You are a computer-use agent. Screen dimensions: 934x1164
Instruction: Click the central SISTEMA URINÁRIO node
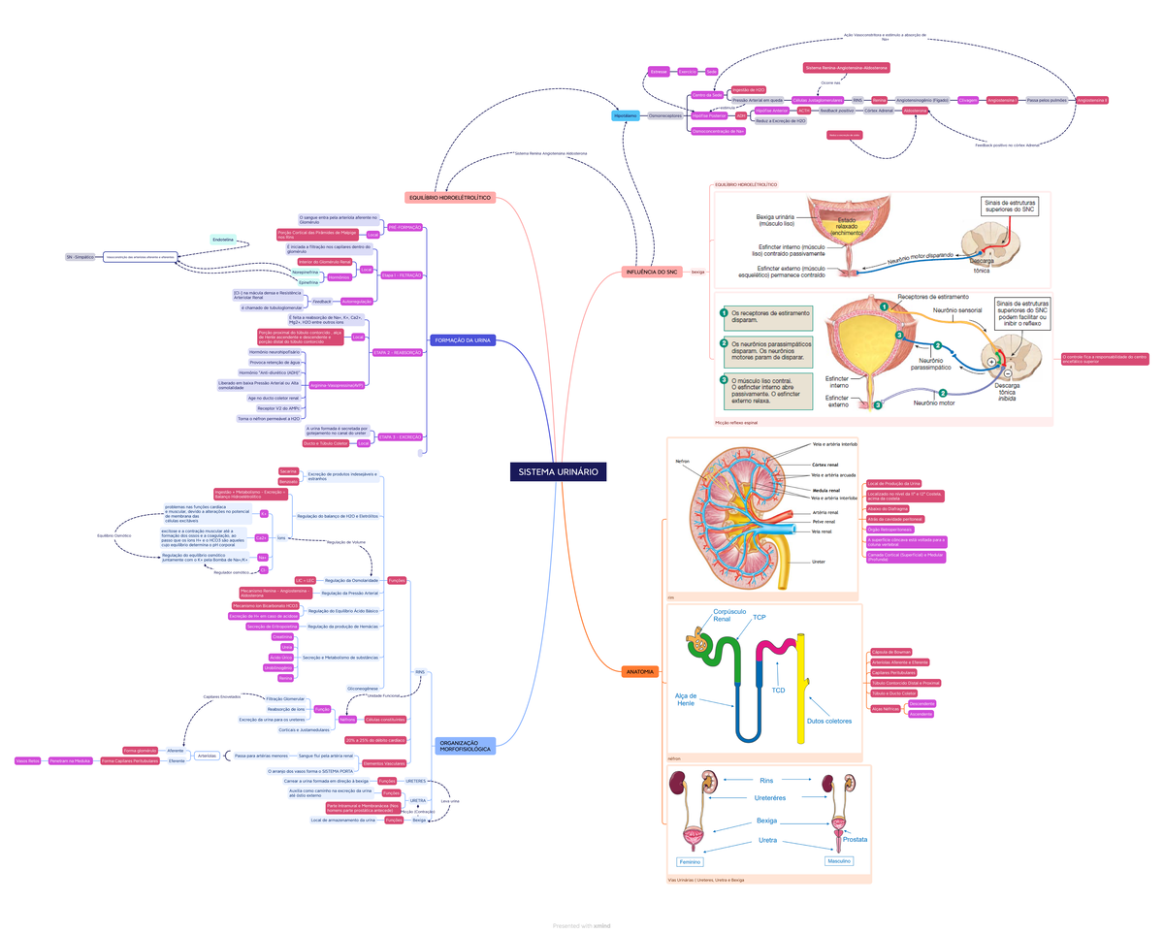point(558,471)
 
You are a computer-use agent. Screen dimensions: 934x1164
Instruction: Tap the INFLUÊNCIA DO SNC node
point(652,273)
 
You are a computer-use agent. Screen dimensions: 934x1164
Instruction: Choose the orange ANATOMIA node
point(640,672)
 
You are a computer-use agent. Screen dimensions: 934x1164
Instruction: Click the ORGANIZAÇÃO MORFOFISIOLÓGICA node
point(465,746)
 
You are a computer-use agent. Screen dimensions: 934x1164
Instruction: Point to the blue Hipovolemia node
point(625,115)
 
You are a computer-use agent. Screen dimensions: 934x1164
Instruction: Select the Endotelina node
point(223,239)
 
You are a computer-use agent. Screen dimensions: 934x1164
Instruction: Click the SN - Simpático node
point(80,257)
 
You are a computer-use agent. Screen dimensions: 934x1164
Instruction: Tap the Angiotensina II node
point(1092,100)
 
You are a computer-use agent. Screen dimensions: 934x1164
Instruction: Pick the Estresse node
point(659,72)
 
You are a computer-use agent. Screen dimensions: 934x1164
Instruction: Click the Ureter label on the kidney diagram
point(819,561)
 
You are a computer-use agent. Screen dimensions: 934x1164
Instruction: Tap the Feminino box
point(690,861)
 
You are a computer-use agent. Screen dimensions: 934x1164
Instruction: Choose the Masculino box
point(838,860)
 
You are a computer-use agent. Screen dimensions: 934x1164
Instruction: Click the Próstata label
point(855,839)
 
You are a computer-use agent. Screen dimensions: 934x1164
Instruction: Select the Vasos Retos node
point(27,761)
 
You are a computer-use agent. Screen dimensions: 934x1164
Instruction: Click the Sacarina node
point(288,470)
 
